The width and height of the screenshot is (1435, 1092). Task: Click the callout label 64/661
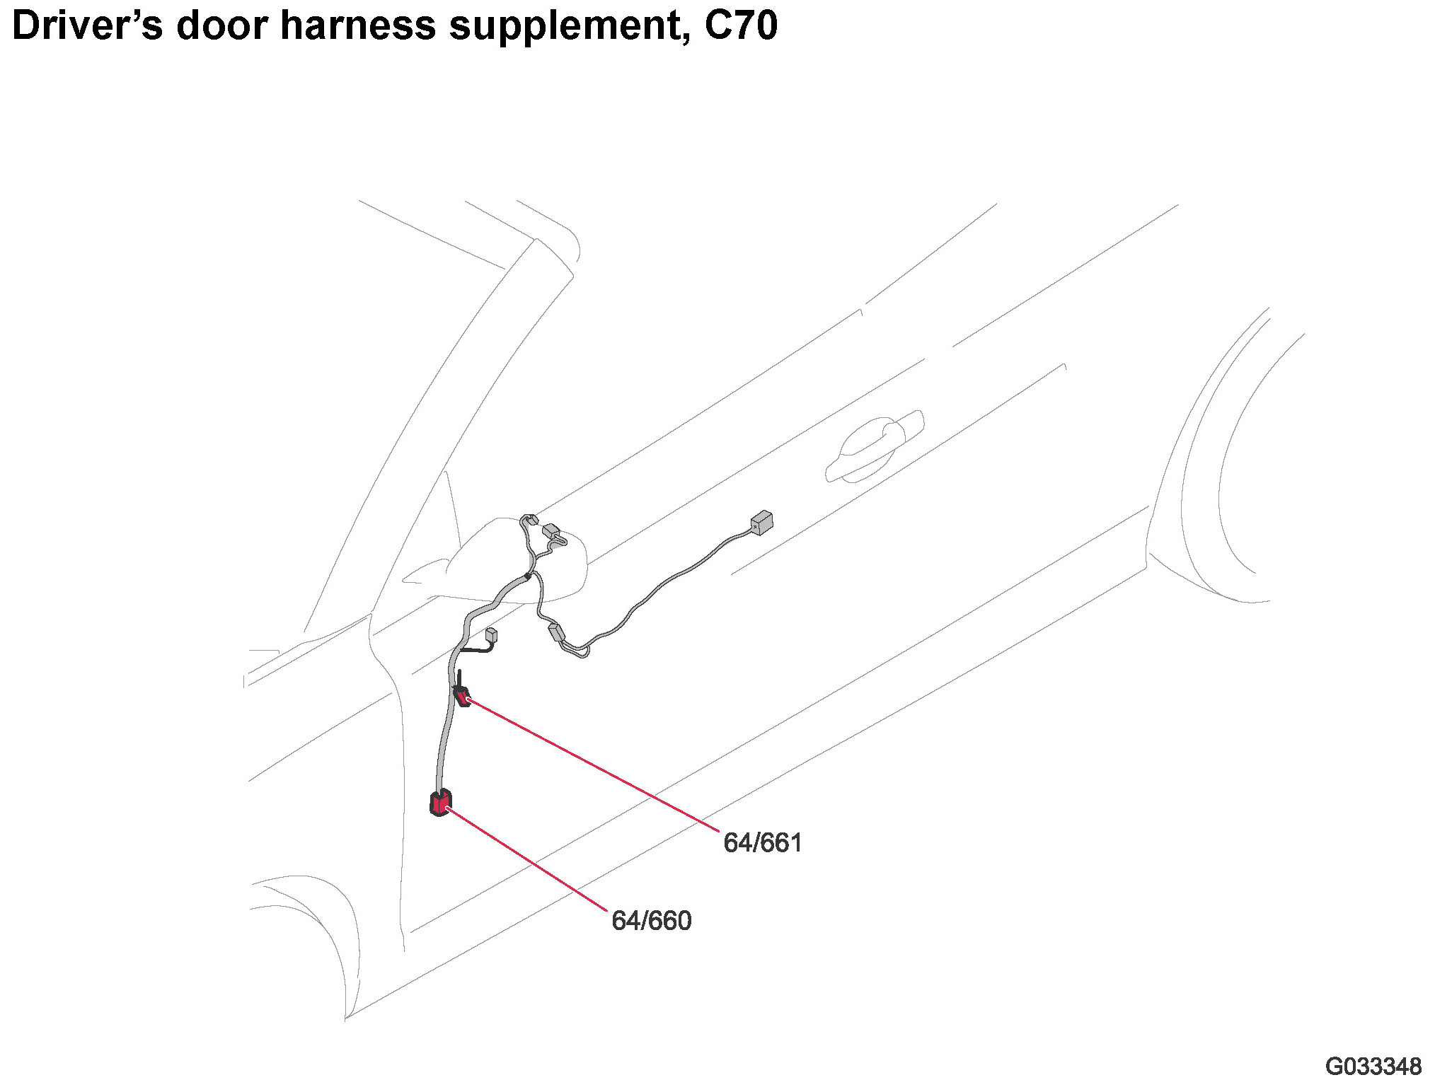[762, 843]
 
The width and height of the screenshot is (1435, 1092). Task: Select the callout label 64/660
[651, 921]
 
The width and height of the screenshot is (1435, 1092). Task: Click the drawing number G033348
[1373, 1067]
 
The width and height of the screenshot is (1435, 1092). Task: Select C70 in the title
[741, 25]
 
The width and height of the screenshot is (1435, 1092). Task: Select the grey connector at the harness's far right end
[761, 523]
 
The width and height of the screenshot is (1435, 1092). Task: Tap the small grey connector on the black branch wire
[491, 634]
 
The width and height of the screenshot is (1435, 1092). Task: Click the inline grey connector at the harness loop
[557, 632]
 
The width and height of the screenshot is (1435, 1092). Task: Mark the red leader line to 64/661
[594, 764]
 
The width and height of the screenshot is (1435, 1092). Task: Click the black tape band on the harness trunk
[528, 578]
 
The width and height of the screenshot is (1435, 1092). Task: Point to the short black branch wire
[476, 648]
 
